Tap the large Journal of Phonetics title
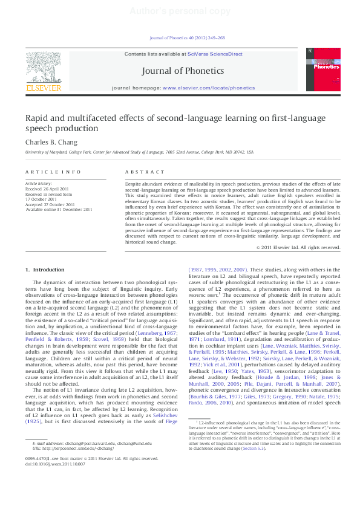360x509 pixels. pos(182,71)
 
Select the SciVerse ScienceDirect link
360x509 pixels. pos(215,54)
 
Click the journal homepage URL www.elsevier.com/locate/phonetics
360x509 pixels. pos(209,88)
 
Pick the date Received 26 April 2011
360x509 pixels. pos(47,188)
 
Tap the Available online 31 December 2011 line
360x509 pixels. pos(58,210)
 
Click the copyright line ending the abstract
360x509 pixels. pos(298,247)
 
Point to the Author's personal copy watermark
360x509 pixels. pos(180,12)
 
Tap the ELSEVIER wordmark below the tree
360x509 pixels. pos(43,88)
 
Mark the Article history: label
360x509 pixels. pos(39,183)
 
